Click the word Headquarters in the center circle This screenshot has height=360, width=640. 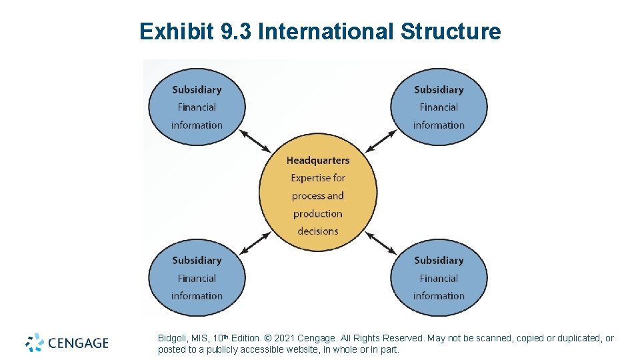pyautogui.click(x=318, y=160)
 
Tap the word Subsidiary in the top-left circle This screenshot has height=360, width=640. pyautogui.click(x=197, y=90)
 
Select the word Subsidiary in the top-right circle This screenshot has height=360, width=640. pyautogui.click(x=439, y=90)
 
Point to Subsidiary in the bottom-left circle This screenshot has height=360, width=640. pyautogui.click(x=197, y=261)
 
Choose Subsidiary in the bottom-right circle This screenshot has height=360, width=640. pyautogui.click(x=439, y=261)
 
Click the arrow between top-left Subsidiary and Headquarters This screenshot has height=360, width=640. pyautogui.click(x=255, y=141)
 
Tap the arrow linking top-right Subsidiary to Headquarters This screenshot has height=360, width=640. pyautogui.click(x=381, y=141)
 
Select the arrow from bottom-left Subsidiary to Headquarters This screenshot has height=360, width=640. pyautogui.click(x=255, y=243)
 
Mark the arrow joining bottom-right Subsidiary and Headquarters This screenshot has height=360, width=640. pyautogui.click(x=381, y=243)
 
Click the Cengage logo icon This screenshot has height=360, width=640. pyautogui.click(x=35, y=343)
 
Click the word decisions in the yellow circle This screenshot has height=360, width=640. pyautogui.click(x=318, y=231)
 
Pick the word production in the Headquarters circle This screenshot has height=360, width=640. pyautogui.click(x=318, y=214)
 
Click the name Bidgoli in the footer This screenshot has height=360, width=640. pyautogui.click(x=173, y=339)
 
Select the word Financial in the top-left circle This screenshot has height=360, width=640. pyautogui.click(x=197, y=107)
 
